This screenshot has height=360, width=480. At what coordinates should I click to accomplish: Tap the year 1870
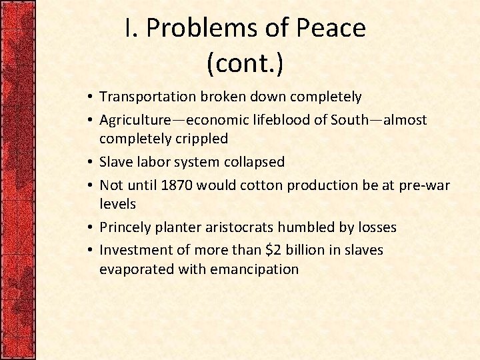click(175, 185)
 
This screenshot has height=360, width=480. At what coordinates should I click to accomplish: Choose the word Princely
click(125, 227)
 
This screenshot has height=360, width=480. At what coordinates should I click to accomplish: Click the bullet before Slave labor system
click(89, 163)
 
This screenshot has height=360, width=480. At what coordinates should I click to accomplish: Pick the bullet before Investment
click(89, 251)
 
